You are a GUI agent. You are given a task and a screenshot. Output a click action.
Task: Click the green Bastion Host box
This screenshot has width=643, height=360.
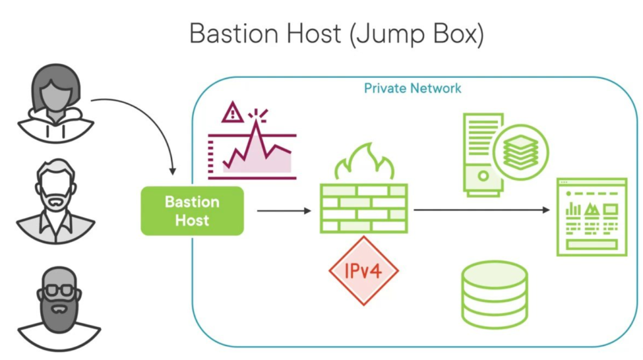coord(192,211)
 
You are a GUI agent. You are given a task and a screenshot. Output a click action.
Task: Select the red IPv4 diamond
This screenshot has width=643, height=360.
coord(364,271)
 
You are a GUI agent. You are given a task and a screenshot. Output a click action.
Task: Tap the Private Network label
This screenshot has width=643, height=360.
coord(413,88)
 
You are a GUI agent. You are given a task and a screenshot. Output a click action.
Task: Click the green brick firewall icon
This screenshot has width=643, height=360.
coord(364,208)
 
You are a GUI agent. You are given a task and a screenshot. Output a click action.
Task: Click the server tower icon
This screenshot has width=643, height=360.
coord(482,155)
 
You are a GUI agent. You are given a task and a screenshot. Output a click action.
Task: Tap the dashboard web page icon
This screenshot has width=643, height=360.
coord(592,217)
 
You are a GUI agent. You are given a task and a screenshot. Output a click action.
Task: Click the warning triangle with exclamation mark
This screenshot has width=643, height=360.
coord(233,113)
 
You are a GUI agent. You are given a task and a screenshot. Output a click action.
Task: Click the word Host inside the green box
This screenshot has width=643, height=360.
coord(192,221)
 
